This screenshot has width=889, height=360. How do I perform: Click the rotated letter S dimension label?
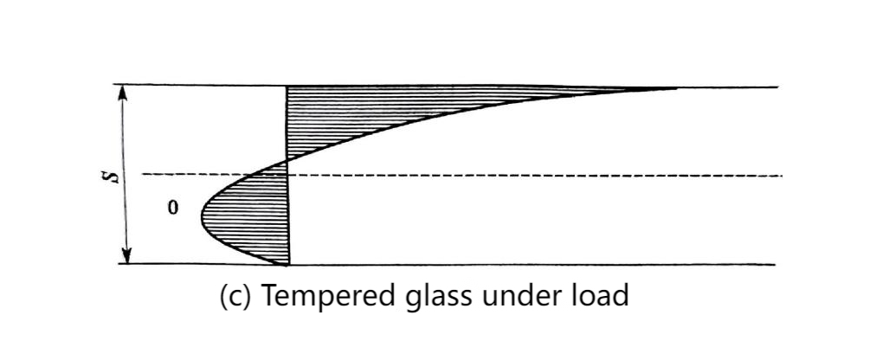point(114,174)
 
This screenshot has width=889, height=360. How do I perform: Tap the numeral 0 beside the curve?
point(173,208)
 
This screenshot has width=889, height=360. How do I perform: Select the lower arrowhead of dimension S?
point(127,256)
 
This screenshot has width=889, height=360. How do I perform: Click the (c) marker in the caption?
point(235,297)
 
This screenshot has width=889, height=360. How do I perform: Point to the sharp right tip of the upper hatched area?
point(677,88)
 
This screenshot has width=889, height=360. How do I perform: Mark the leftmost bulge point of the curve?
point(202,218)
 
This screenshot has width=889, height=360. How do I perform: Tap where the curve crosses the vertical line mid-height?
point(287,161)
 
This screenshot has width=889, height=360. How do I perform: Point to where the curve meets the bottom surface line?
point(287,265)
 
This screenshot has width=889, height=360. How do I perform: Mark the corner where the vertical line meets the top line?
point(287,87)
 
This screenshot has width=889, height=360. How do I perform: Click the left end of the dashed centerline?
point(142,174)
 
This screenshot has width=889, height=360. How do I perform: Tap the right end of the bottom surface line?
point(774,265)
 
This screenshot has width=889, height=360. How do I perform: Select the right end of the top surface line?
point(778,87)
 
